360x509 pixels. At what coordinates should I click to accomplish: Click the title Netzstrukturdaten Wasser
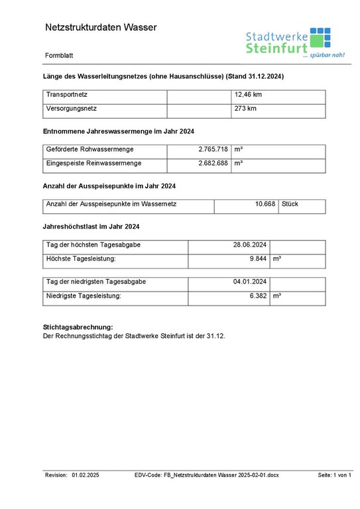101,27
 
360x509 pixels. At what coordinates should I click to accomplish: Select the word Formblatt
60,55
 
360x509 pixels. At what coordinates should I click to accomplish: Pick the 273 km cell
245,109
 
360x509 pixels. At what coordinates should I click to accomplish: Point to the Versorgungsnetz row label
72,109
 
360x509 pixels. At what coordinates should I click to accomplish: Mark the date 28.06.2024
250,245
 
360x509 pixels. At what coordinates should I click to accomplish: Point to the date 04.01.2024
250,282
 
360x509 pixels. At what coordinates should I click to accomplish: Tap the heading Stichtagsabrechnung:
78,327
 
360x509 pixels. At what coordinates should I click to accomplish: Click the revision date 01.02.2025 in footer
86,475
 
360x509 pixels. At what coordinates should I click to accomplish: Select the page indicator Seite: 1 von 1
334,475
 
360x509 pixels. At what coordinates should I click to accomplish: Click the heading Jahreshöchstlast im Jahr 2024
91,227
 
